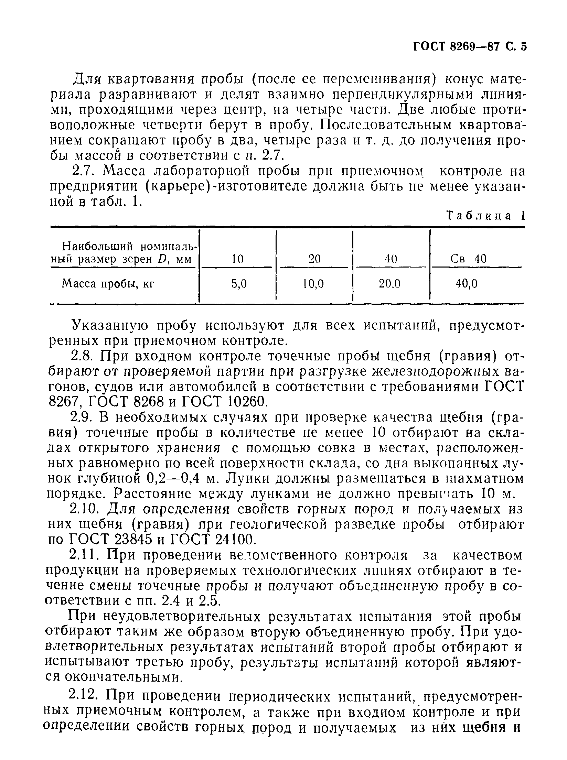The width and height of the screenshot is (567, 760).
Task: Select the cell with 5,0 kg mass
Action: point(239,284)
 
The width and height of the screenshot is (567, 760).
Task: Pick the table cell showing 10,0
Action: point(313,284)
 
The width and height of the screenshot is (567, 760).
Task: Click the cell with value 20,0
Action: point(389,284)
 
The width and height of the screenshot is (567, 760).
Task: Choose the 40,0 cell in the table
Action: point(467,284)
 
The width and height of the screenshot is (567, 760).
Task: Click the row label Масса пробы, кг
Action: point(108,284)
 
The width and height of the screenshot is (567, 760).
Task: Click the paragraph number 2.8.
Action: point(82,356)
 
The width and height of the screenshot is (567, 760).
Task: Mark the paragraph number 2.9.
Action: point(82,417)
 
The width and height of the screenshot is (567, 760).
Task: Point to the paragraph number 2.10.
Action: point(85,509)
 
